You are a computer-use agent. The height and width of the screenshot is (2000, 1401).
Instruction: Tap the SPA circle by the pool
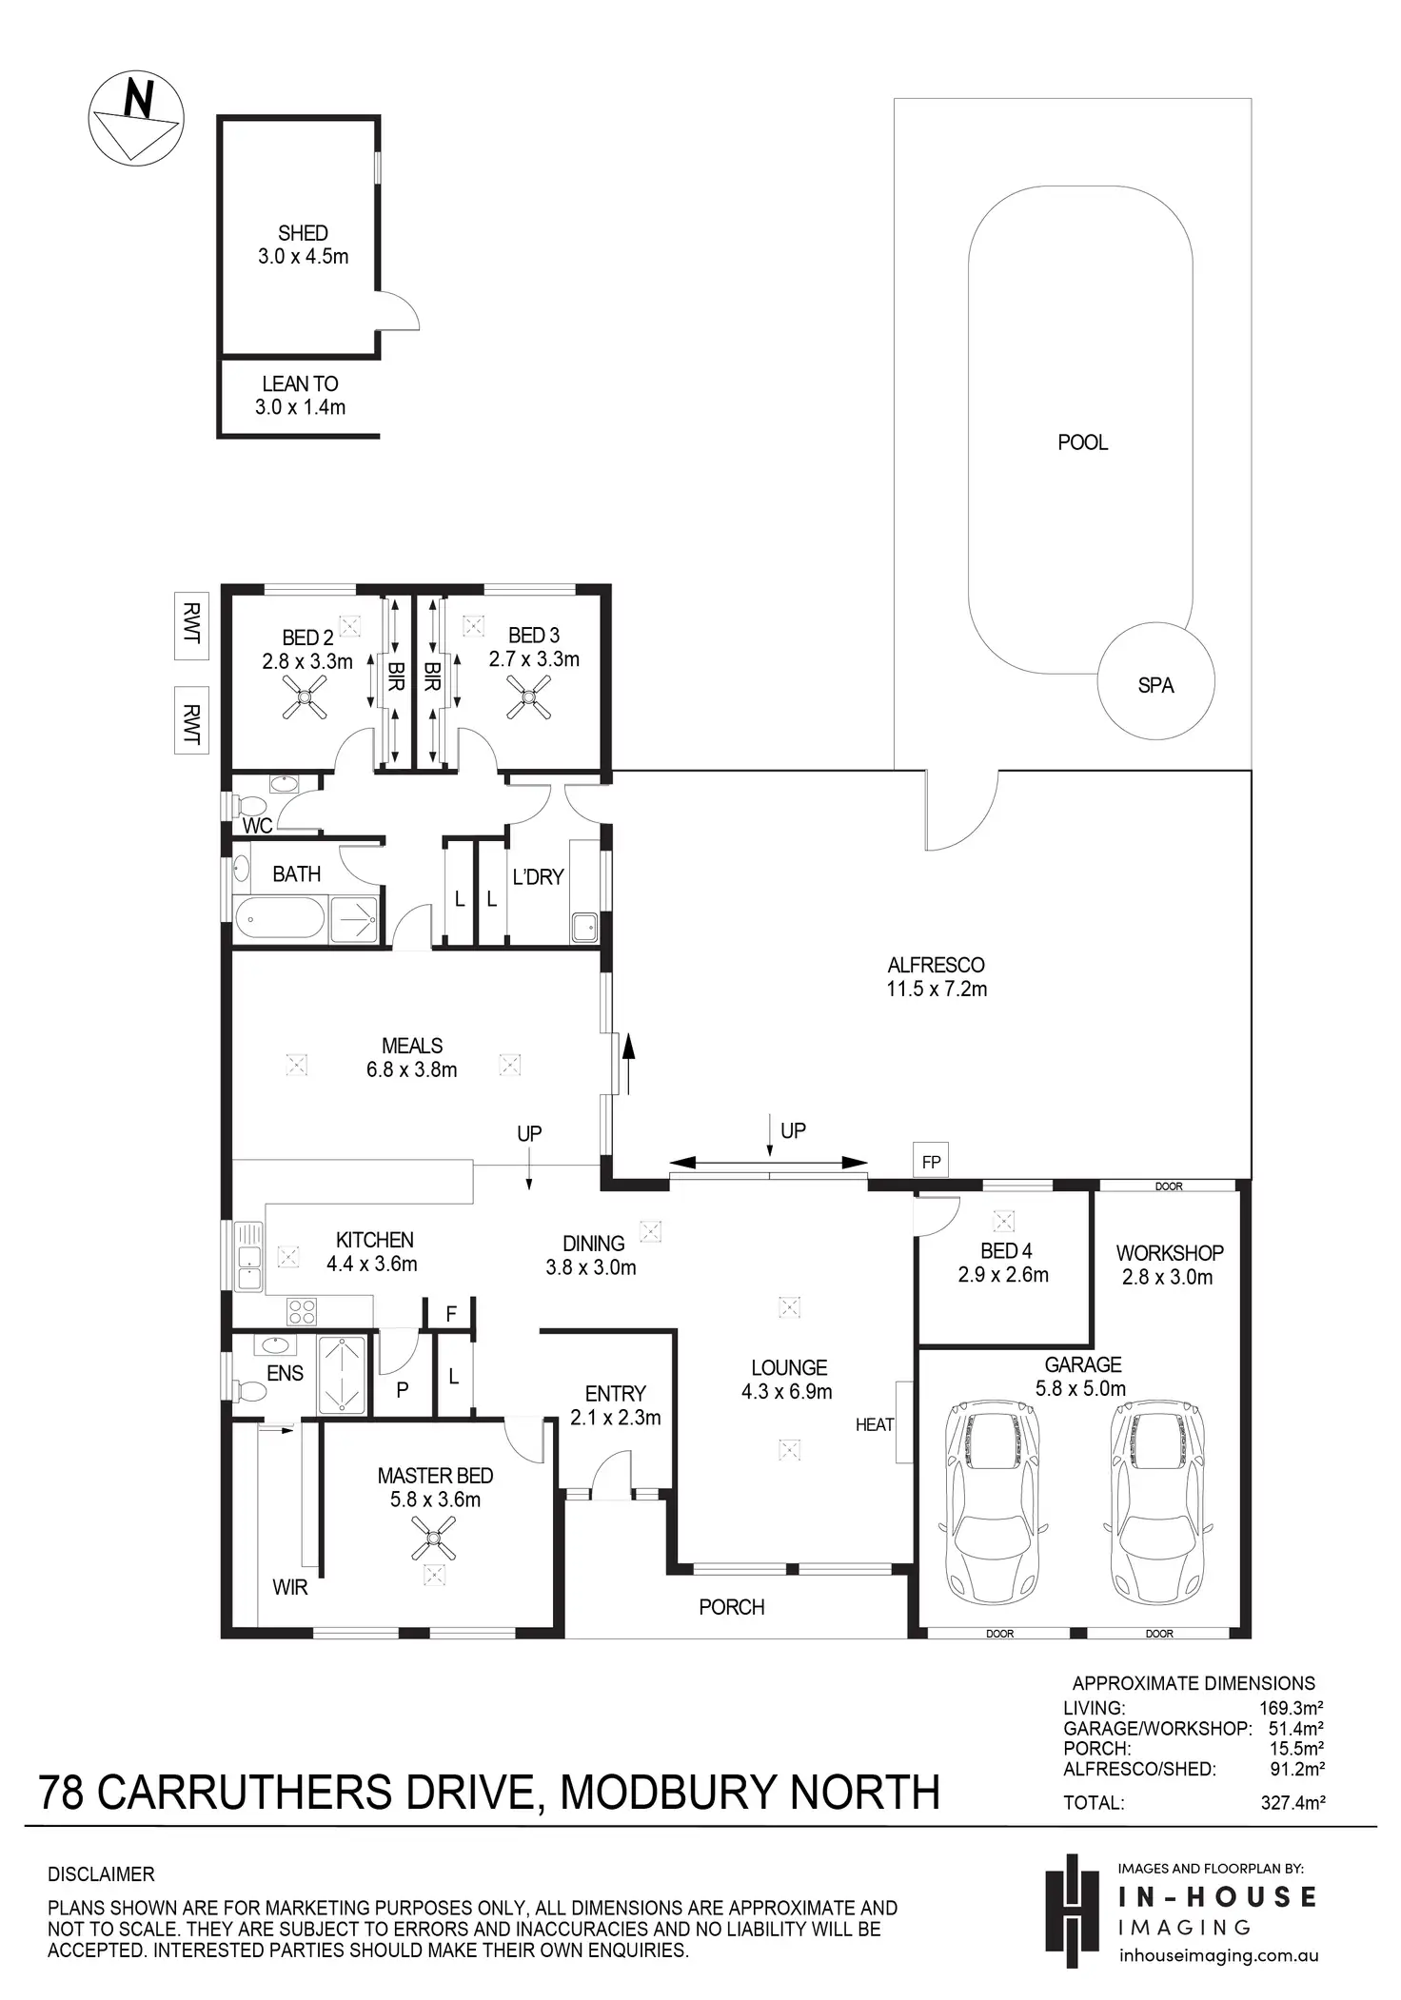click(1155, 681)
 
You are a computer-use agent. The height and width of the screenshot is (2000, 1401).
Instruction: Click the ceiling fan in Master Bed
click(433, 1539)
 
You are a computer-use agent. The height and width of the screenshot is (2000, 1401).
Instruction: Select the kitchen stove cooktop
click(302, 1311)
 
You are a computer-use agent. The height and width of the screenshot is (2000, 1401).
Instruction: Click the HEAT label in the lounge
click(875, 1424)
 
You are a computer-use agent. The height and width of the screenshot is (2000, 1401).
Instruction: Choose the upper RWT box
click(191, 625)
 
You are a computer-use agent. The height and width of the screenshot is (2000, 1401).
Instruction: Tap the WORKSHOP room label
click(1169, 1253)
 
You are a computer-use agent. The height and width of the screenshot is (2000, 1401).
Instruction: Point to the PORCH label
click(731, 1607)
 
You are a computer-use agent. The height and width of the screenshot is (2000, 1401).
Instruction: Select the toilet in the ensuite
click(251, 1390)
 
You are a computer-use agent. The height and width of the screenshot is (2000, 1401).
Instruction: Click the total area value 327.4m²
click(1292, 1802)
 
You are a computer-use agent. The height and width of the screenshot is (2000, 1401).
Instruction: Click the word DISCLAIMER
click(101, 1874)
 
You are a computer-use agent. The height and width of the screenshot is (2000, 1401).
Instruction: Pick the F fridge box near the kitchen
click(451, 1314)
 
